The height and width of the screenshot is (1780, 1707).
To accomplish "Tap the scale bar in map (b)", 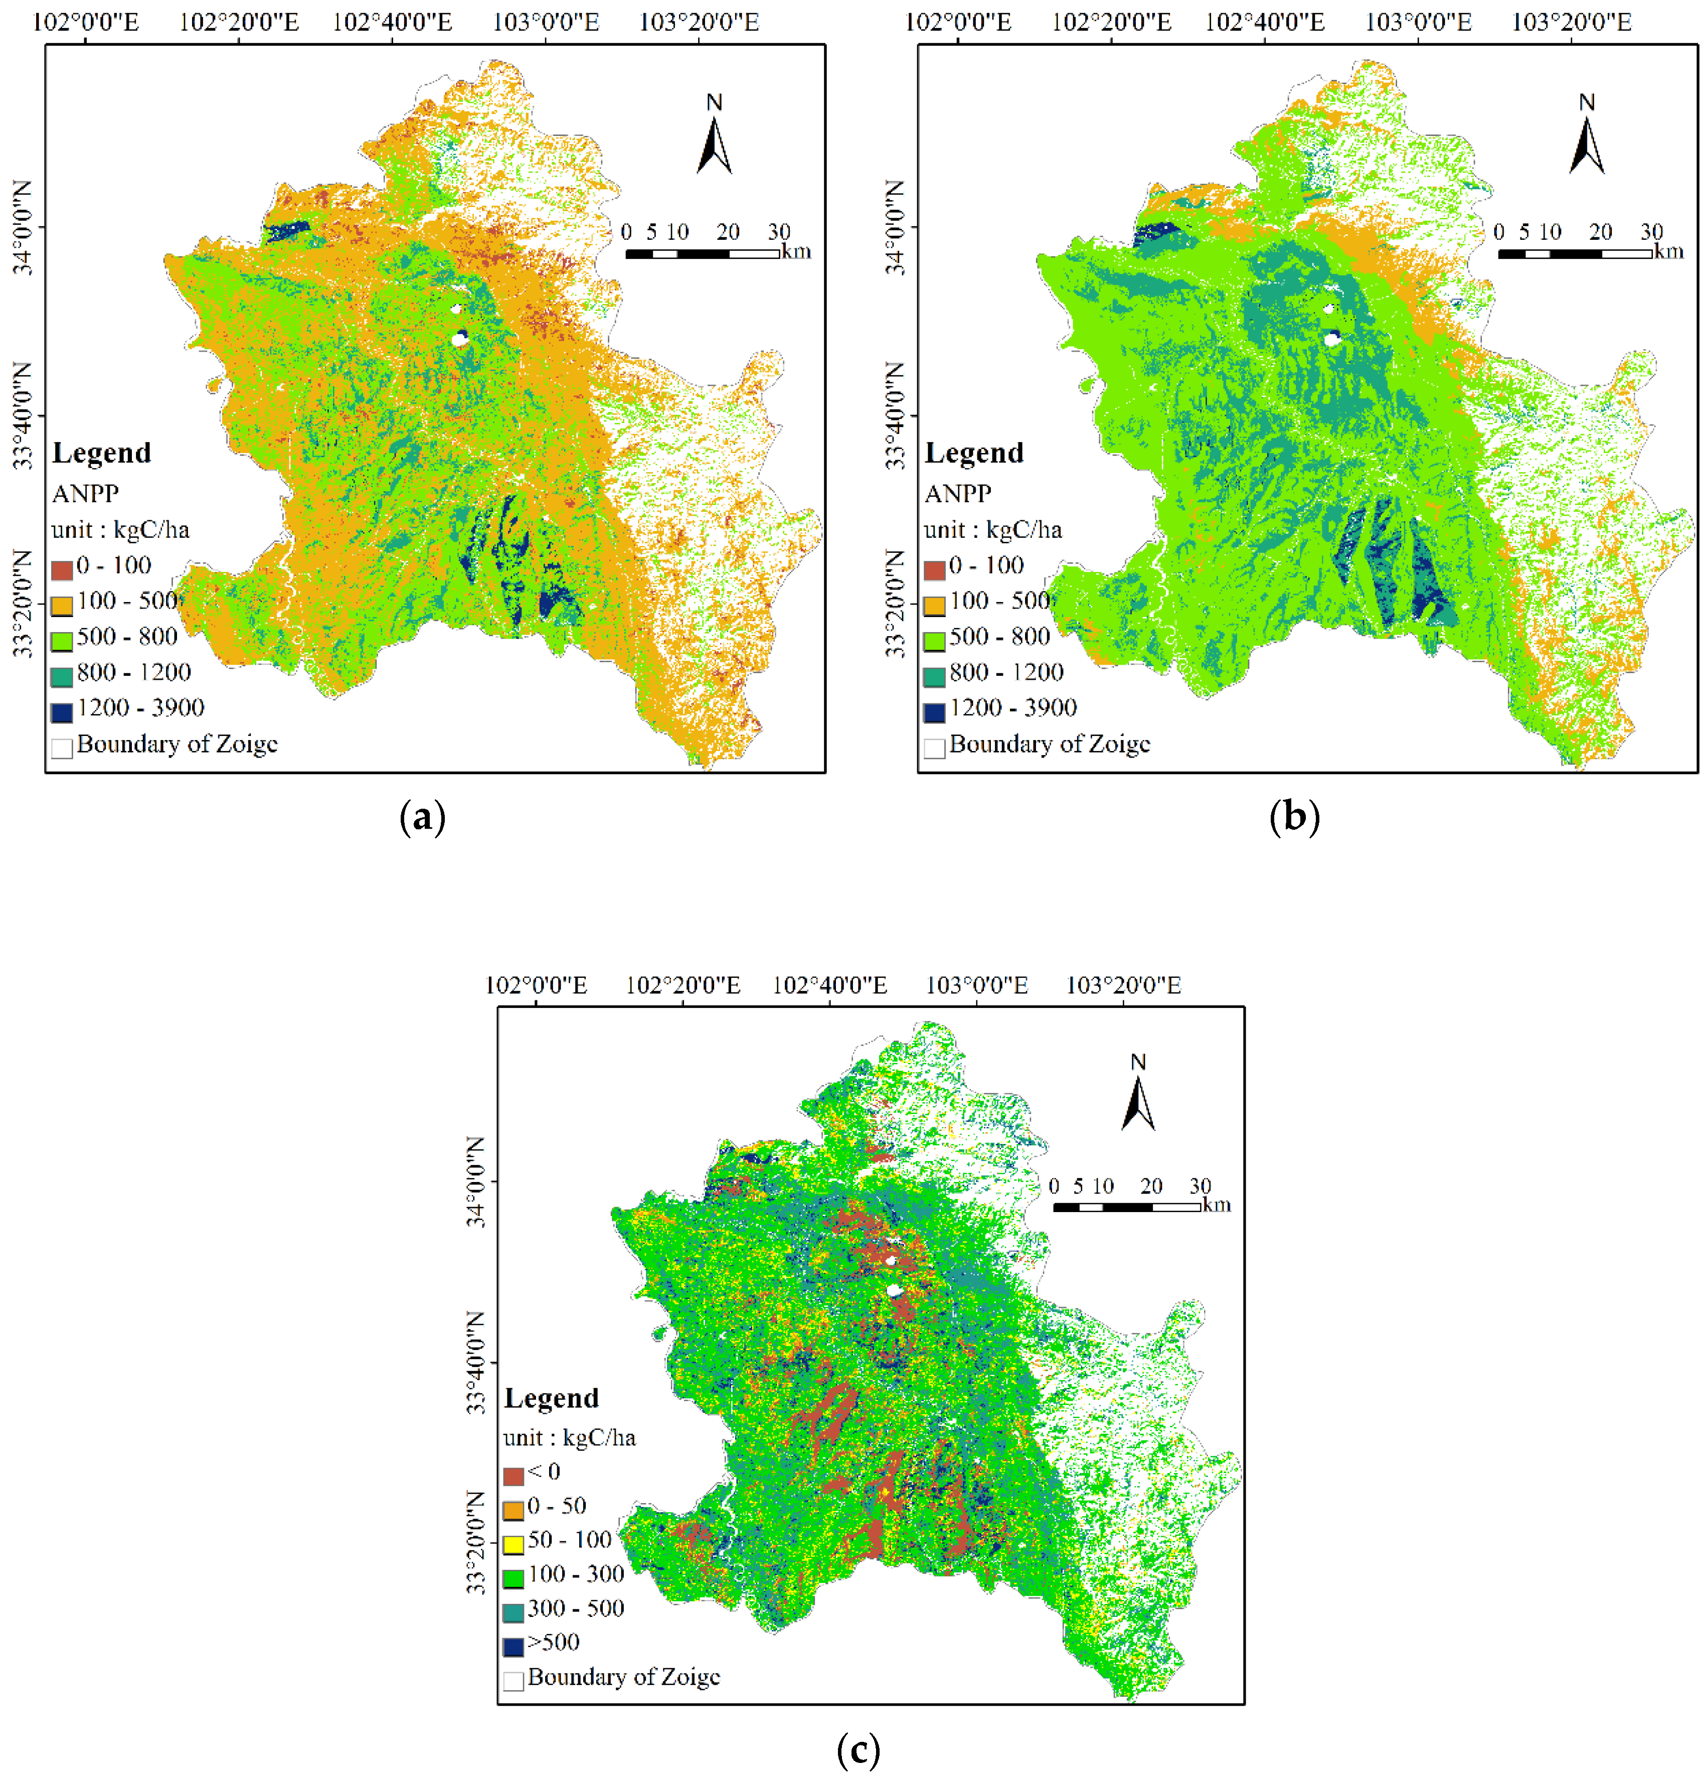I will tap(1575, 253).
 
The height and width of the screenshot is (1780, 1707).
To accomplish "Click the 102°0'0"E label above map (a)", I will tap(85, 22).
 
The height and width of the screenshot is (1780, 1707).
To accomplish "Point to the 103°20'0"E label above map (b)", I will tap(1571, 22).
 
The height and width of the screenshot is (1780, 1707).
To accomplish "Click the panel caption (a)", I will tap(422, 817).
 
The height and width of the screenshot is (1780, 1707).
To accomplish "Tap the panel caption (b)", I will tap(1294, 817).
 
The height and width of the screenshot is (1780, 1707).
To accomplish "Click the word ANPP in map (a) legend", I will tap(85, 494).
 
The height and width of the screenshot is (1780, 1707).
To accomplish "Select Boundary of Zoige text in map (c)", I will tap(624, 1677).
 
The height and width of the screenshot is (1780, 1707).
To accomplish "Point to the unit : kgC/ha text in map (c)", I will tap(569, 1438).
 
